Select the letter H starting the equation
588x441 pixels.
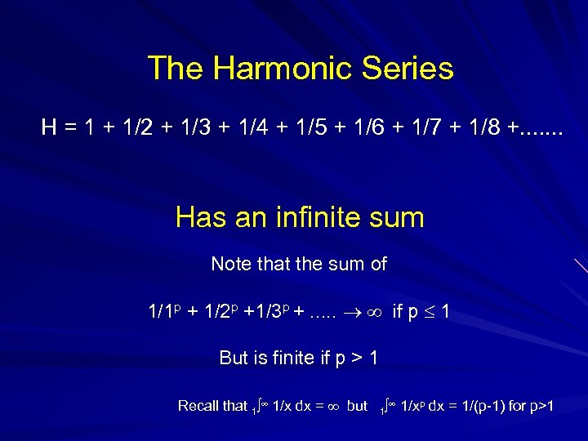point(50,127)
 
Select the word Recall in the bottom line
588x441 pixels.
point(200,406)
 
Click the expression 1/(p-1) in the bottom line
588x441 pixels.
point(479,406)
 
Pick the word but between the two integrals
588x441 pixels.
point(357,406)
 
